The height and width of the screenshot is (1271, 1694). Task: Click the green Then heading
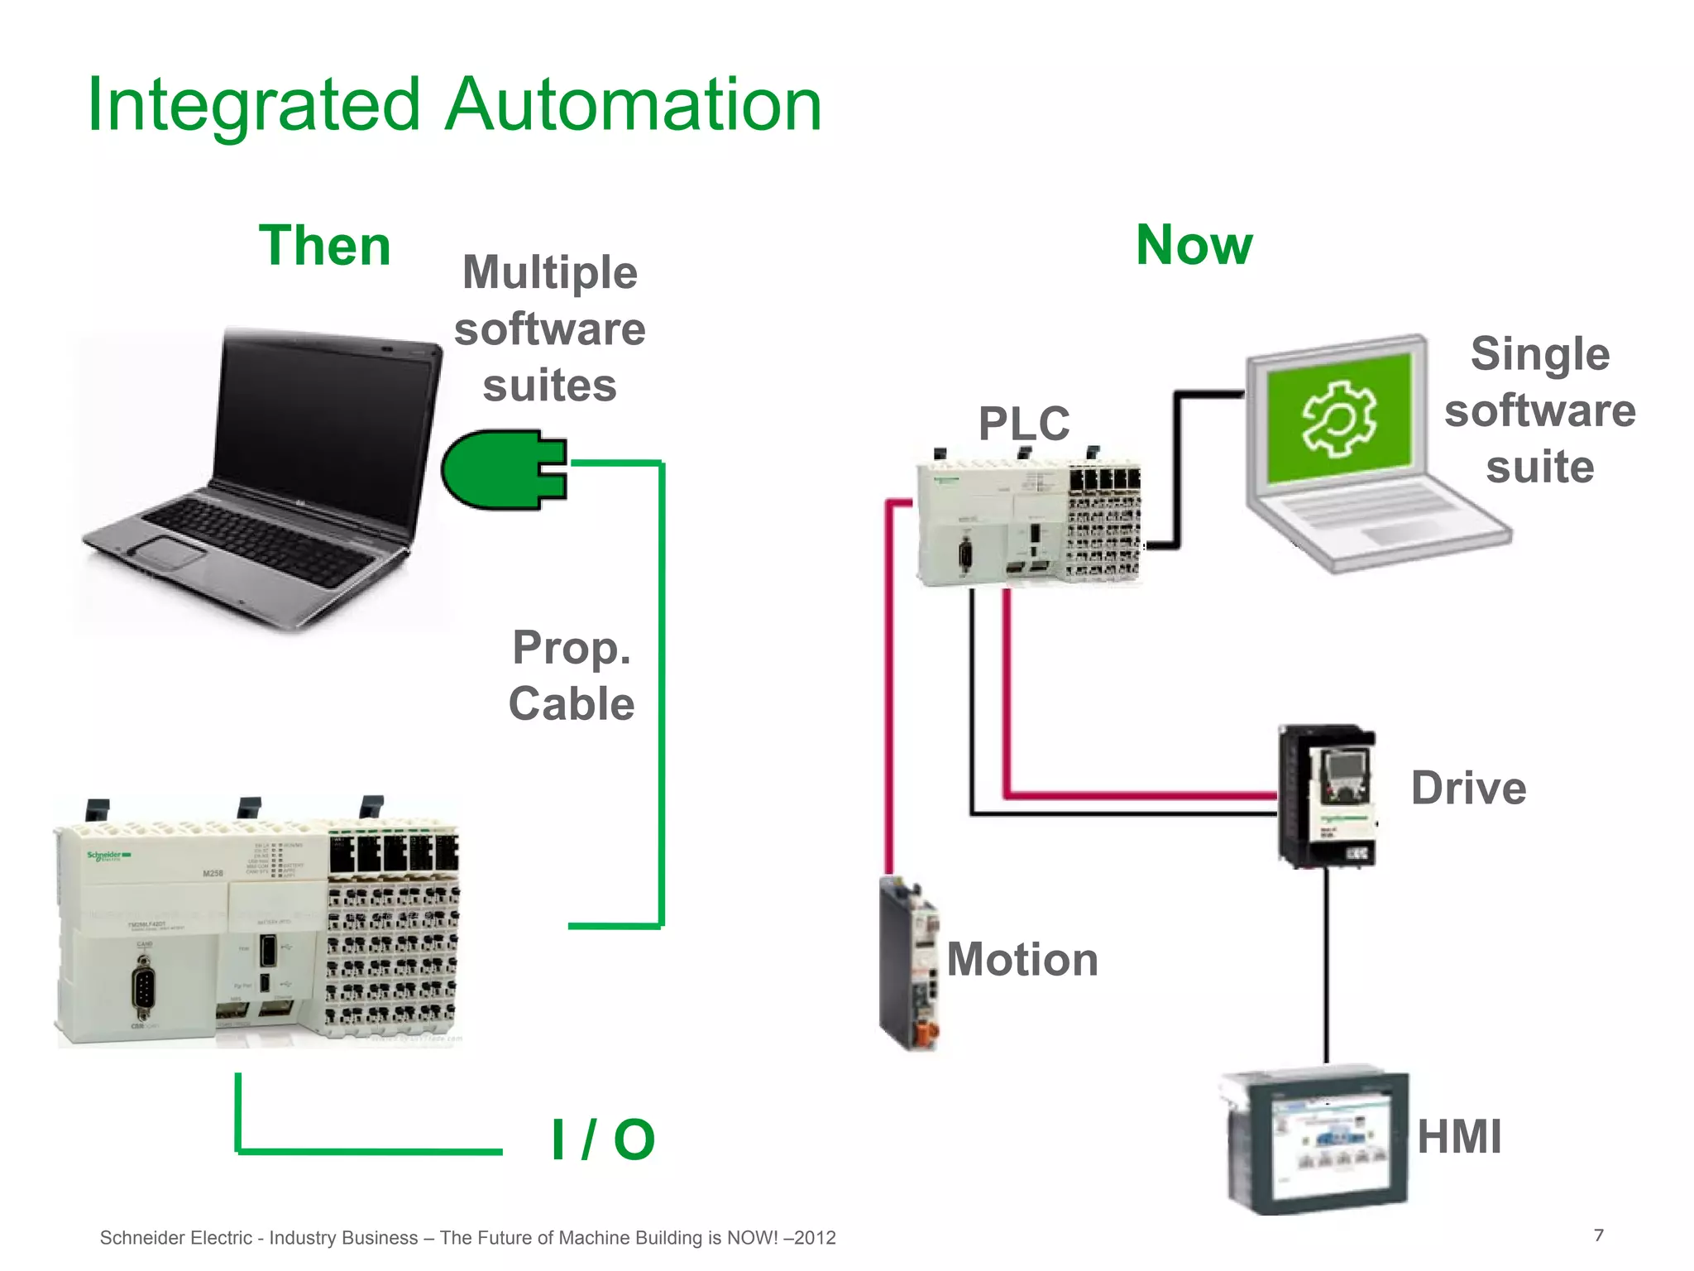[324, 246]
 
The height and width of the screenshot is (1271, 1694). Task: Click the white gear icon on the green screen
[1338, 419]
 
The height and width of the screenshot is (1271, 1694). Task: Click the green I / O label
[603, 1139]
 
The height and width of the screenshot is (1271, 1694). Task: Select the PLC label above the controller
[1023, 424]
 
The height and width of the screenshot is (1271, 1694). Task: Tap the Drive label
[1468, 788]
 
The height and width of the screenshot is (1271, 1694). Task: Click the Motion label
[1022, 959]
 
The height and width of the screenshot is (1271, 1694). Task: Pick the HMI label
[1459, 1136]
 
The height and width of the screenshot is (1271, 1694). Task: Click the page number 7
[1598, 1235]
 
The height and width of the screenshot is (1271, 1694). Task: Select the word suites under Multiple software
[549, 386]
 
